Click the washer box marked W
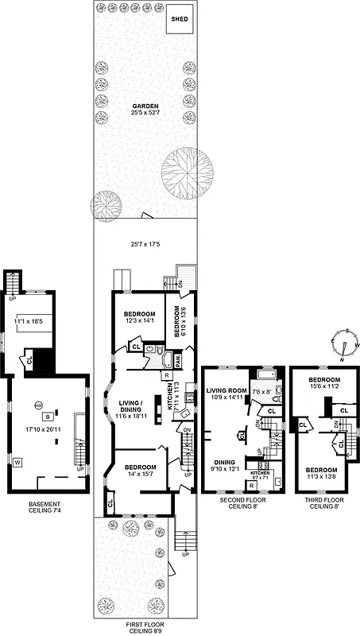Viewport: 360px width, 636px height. pyautogui.click(x=18, y=460)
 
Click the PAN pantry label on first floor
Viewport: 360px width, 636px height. pyautogui.click(x=179, y=360)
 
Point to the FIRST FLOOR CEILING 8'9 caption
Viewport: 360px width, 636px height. pyautogui.click(x=144, y=627)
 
